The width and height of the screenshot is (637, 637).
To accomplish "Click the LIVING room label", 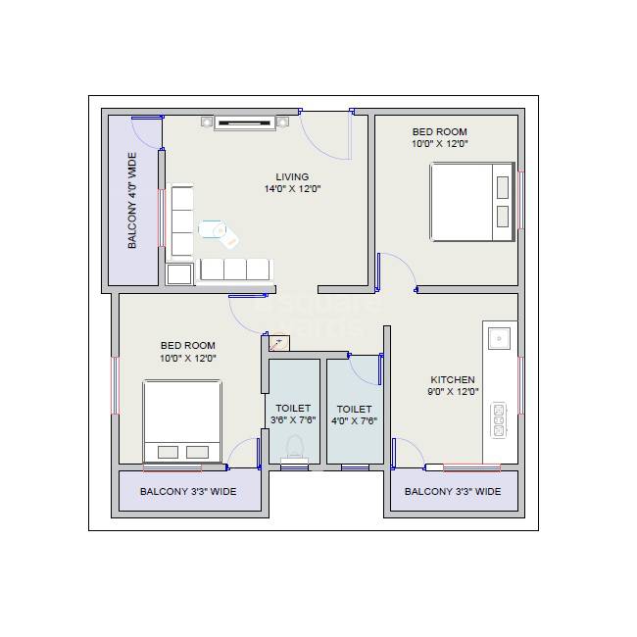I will coord(292,177).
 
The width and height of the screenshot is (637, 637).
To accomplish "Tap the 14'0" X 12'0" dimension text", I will coord(292,189).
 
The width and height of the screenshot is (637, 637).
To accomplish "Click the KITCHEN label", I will coord(453,380).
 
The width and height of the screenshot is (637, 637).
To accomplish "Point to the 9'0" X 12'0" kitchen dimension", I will coord(453,392).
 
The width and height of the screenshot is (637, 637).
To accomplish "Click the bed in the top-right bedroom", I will coord(471,202).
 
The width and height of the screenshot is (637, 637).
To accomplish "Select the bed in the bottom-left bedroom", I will coord(182,421).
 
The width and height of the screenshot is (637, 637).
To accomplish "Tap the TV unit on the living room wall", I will coord(246,122).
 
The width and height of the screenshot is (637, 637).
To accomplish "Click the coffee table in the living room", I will coord(213,228).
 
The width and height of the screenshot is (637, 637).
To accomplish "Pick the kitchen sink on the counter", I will coord(500,338).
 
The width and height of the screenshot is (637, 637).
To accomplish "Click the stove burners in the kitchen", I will coord(499,418).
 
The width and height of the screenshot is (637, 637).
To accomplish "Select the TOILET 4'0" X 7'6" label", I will coord(354,416).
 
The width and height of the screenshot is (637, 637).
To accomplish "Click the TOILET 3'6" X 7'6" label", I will coord(293,415).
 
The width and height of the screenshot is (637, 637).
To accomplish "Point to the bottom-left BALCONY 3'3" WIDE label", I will coord(188,492).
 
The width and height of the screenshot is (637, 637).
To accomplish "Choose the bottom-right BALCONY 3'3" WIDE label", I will coord(453,492).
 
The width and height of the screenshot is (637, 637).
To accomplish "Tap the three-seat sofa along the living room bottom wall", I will coord(234,269).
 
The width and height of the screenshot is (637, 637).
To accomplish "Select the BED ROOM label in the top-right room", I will coord(439,132).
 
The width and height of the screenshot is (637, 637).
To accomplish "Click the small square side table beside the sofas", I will coord(179,273).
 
